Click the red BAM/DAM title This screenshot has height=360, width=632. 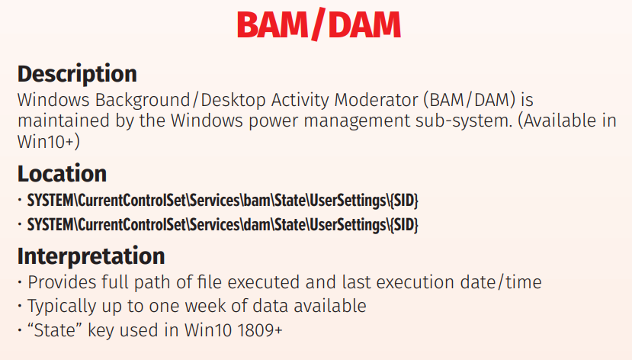319,24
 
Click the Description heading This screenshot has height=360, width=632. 77,74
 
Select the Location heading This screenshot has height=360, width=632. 62,174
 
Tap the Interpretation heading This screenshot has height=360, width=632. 91,256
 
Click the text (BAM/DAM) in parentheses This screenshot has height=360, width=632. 470,100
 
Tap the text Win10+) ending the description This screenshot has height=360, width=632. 48,142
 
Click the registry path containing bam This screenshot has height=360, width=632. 223,201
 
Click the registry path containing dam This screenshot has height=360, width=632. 223,225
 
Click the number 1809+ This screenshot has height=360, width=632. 260,330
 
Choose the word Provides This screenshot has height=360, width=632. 62,282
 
